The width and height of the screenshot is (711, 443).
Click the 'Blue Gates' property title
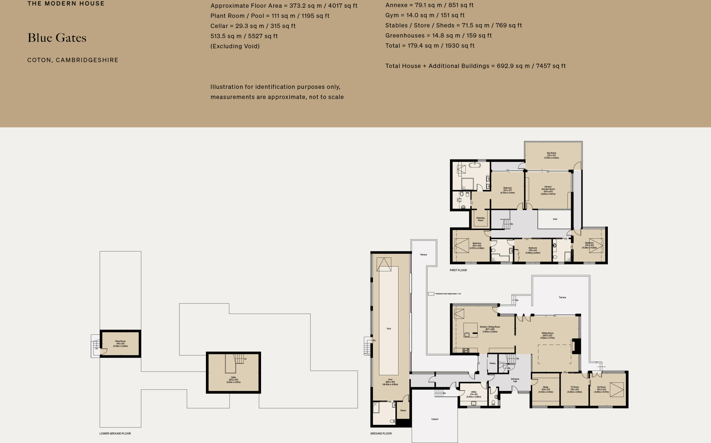coord(57,38)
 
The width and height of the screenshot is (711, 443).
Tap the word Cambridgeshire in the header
coord(87,60)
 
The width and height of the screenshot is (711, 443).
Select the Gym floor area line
coord(425,15)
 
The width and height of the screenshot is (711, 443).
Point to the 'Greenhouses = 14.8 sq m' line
coord(438,35)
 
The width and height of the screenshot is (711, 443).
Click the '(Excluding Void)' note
coord(235,46)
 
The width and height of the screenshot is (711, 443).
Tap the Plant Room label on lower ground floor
coord(120,342)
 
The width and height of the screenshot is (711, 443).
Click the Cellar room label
coord(233,378)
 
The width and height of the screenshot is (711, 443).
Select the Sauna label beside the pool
coord(403,410)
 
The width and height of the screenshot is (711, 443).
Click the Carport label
coord(435,419)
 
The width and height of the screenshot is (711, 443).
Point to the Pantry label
coord(492,363)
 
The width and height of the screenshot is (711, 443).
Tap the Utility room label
coord(474,392)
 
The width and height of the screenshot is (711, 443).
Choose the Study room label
coord(545,387)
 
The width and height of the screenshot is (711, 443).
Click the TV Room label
coord(575,387)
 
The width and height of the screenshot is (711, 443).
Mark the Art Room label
coord(601,387)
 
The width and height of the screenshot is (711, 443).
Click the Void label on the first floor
coord(555,219)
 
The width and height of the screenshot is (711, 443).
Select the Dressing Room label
coord(480,219)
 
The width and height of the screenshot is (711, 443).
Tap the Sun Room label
coord(551,153)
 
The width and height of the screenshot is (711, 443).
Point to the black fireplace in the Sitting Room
coord(576,346)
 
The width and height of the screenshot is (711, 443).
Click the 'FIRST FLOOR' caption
coord(458,270)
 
